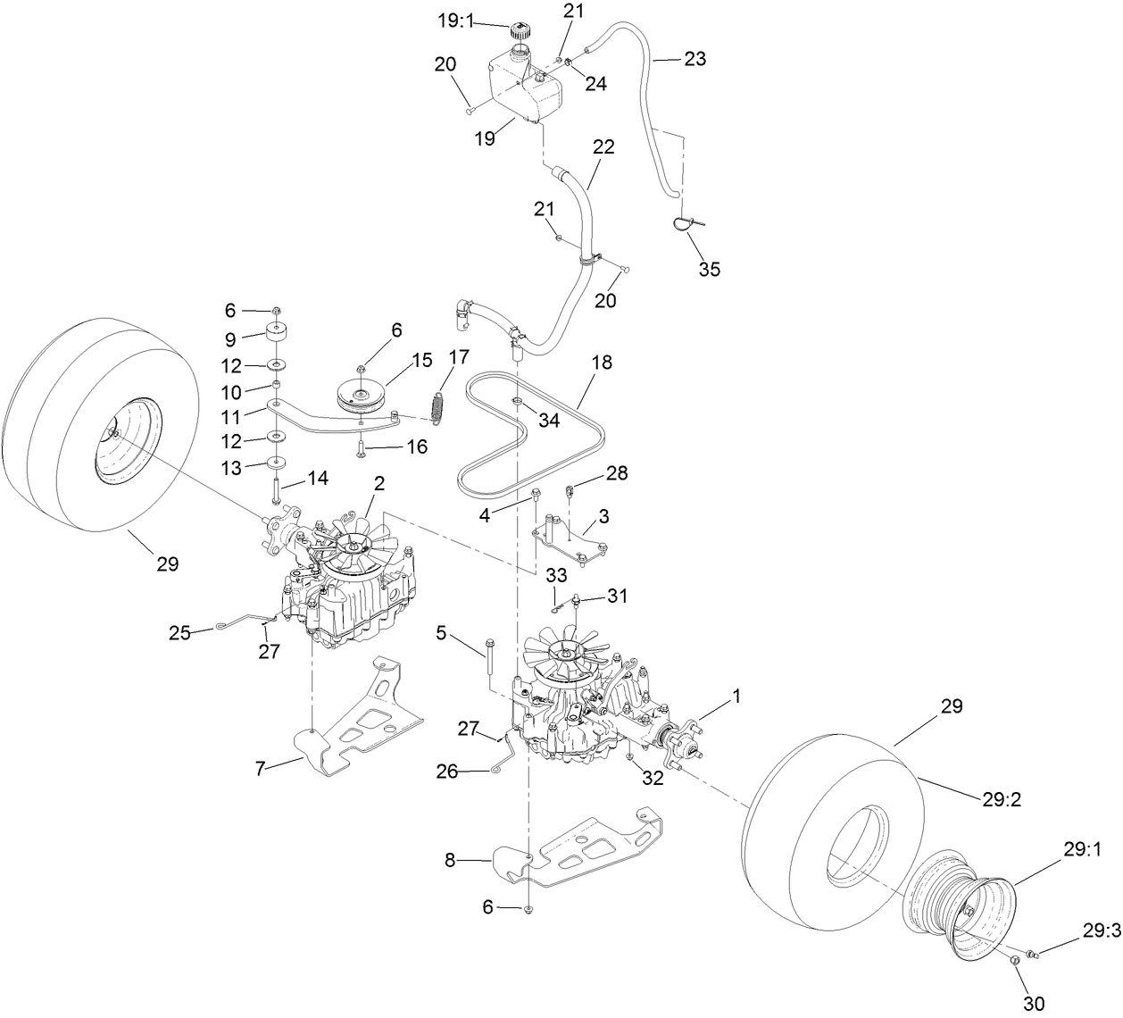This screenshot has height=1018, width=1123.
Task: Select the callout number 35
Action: (709, 269)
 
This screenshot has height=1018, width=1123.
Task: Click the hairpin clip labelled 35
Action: (686, 223)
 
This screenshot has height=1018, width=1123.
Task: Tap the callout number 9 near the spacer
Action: (229, 339)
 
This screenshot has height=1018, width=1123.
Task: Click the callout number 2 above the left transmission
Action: (379, 483)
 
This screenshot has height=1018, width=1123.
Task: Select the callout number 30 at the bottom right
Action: (1035, 1003)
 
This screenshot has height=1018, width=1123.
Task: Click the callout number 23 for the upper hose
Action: (695, 59)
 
